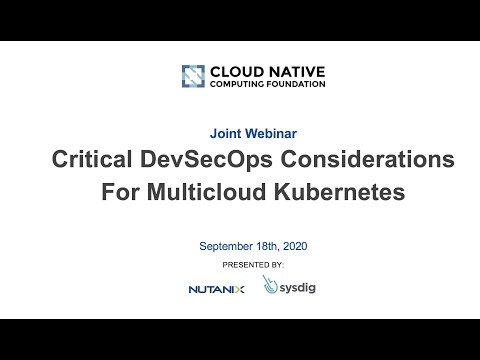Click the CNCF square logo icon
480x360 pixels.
coord(193,76)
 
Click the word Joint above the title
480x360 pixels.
coord(223,132)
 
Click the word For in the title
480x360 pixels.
coord(119,192)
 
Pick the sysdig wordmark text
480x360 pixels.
coord(297,288)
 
